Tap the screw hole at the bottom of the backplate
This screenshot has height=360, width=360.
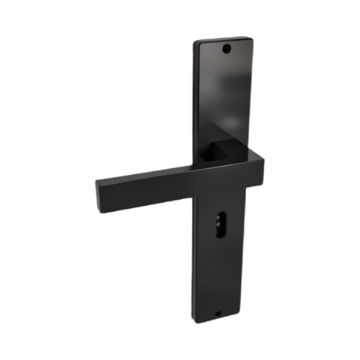(x=217, y=314)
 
